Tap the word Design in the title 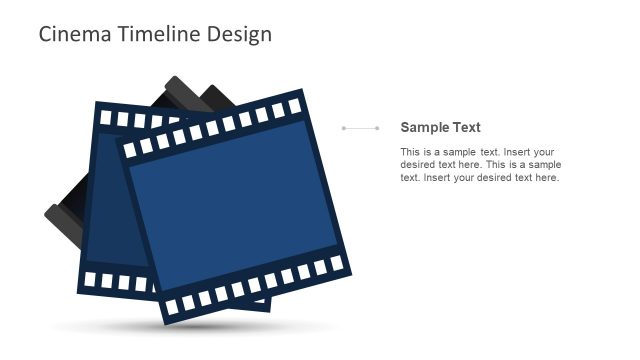[239, 34]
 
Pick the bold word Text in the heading [467, 127]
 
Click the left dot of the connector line [343, 128]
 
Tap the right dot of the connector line [377, 128]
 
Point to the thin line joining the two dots [360, 128]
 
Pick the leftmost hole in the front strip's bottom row [172, 305]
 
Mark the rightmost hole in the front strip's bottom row [336, 262]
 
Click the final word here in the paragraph [547, 178]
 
